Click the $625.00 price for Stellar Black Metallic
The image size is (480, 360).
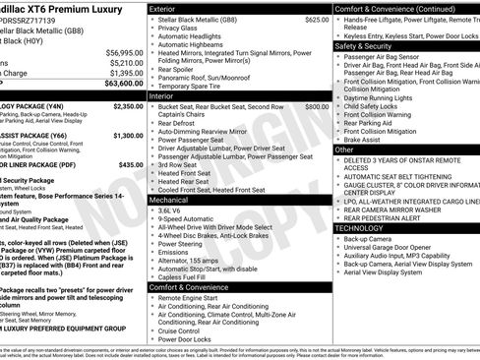(317, 19)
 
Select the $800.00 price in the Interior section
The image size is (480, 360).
(317, 106)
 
